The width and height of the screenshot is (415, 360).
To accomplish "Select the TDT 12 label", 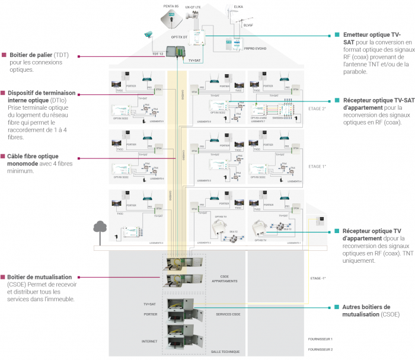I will click(x=157, y=54).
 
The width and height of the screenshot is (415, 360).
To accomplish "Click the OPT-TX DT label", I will click(x=179, y=37).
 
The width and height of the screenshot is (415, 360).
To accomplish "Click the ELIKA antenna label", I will click(x=238, y=7).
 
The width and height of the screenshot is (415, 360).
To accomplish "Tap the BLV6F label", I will click(x=248, y=26).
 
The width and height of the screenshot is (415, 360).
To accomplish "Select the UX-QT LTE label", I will click(x=193, y=7).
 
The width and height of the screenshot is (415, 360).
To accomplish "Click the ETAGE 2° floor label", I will click(x=317, y=109).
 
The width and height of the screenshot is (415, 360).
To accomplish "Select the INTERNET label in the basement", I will click(x=149, y=341).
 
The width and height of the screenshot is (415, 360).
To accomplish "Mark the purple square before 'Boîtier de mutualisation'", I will click(x=4, y=276).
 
